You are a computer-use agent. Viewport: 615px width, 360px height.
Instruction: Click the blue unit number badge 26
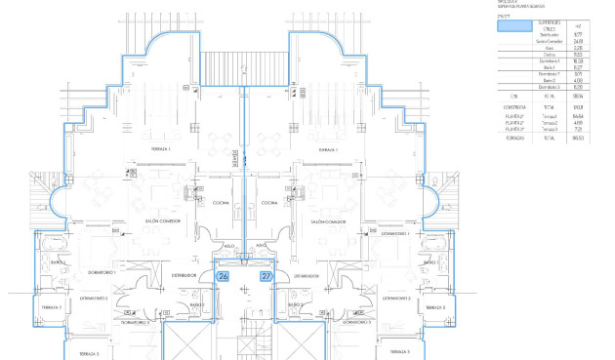tap(223, 277)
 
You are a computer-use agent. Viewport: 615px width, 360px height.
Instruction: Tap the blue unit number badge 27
tap(266, 277)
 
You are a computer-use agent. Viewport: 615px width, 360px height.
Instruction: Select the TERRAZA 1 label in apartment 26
tap(161, 149)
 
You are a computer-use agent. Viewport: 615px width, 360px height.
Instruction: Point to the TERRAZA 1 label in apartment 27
tap(328, 149)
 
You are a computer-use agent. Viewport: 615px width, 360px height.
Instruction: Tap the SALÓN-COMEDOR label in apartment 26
tap(163, 222)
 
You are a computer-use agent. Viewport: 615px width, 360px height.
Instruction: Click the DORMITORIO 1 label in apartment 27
tap(394, 234)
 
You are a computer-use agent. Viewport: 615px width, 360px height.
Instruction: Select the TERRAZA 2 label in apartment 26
tap(51, 307)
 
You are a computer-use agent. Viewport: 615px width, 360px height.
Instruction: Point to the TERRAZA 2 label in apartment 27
tap(437, 307)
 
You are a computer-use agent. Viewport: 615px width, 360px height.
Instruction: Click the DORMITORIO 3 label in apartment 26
tap(136, 321)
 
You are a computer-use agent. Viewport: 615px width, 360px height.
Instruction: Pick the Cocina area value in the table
tap(578, 54)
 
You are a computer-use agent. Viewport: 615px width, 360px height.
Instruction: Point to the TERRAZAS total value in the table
tap(578, 139)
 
